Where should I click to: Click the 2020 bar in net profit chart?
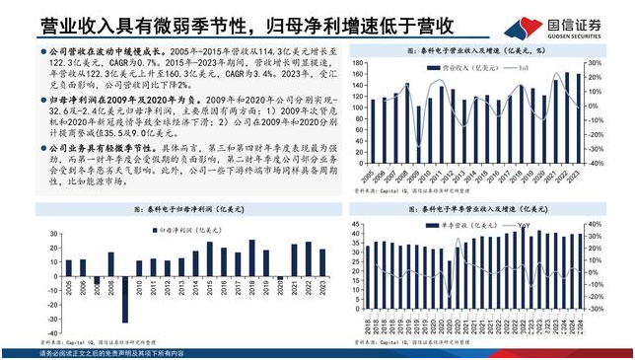(280, 277)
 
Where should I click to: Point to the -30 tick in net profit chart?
(52, 316)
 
